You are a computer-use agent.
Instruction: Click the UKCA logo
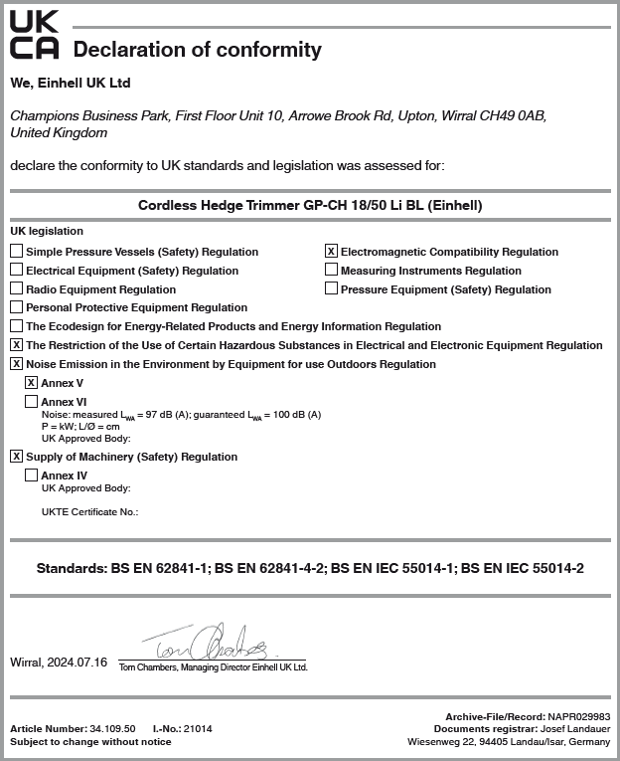(x=34, y=35)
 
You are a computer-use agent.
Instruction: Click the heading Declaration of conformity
(x=198, y=49)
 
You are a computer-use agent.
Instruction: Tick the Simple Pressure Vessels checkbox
(x=17, y=252)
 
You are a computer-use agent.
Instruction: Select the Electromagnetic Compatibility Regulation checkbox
(x=332, y=252)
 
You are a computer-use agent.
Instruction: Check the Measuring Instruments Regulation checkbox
(x=332, y=271)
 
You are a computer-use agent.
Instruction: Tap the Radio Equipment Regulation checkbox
(x=17, y=289)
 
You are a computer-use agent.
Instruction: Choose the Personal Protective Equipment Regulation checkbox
(x=17, y=307)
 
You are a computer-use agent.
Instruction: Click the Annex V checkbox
(x=32, y=382)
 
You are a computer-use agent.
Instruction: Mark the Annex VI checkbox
(x=32, y=401)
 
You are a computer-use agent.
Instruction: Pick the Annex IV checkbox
(x=32, y=476)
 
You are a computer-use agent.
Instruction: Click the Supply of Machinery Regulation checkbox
(x=17, y=457)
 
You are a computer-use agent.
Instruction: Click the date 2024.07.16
(x=77, y=663)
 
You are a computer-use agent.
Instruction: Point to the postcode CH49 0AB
(x=510, y=115)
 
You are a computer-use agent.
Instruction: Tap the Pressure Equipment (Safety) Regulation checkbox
(x=332, y=289)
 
